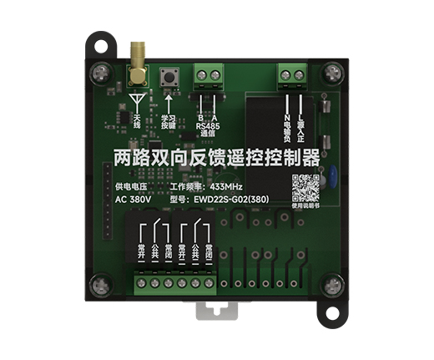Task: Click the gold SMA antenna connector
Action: [x=135, y=68]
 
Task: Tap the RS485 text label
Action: [x=208, y=126]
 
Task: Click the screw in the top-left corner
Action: [x=104, y=71]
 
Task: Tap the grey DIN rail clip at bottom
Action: [x=216, y=309]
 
